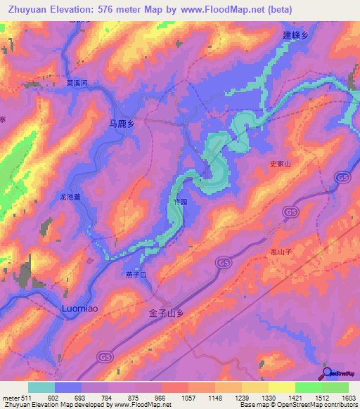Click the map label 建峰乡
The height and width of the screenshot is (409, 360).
point(296,35)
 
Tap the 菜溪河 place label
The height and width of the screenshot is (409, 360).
point(76,82)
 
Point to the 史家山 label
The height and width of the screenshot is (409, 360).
point(281,163)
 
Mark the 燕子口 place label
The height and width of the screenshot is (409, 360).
point(134,275)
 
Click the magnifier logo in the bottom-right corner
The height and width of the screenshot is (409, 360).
point(327,372)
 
